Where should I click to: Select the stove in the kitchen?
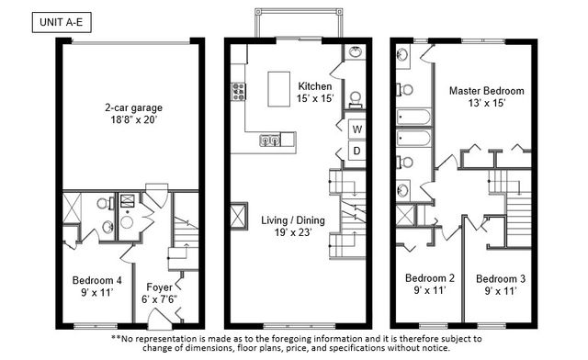tap(238, 90)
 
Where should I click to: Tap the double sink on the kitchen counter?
tap(269, 141)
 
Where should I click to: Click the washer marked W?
tap(356, 129)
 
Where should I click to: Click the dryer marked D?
tap(356, 150)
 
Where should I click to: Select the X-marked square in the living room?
tap(237, 217)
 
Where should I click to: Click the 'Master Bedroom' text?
tap(486, 91)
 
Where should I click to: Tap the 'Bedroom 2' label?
tap(430, 278)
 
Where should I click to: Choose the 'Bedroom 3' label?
tap(501, 278)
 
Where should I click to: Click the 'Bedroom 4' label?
tap(97, 280)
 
